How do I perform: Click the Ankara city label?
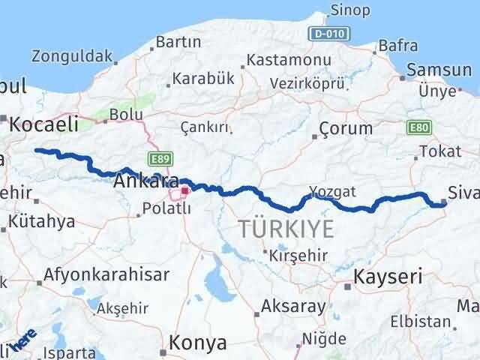pyautogui.click(x=146, y=181)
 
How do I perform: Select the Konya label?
pyautogui.click(x=199, y=343)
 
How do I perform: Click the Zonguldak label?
pyautogui.click(x=72, y=55)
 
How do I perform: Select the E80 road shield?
pyautogui.click(x=418, y=129)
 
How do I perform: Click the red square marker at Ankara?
pyautogui.click(x=184, y=191)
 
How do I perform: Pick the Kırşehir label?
pyautogui.click(x=300, y=255)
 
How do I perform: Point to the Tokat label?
pyautogui.click(x=440, y=151)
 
